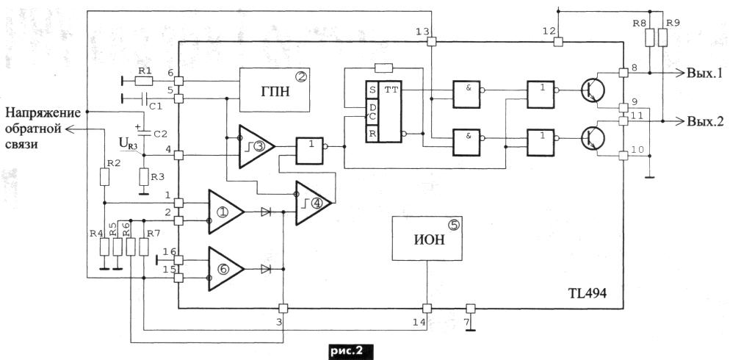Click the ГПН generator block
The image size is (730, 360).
click(275, 90)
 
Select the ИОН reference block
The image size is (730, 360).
click(427, 238)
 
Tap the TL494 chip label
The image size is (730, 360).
click(588, 295)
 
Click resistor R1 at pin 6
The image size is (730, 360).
click(143, 81)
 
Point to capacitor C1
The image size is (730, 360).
click(144, 98)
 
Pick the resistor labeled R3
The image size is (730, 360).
click(144, 178)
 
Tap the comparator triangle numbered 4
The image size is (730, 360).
click(314, 203)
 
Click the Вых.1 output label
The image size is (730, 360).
click(704, 73)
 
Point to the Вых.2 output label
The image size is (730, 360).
click(704, 121)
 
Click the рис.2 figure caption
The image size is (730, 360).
click(346, 350)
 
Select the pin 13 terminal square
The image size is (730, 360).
click(432, 42)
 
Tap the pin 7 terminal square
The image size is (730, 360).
click(470, 309)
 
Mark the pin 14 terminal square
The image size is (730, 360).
click(427, 309)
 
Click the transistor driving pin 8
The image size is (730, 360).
click(593, 90)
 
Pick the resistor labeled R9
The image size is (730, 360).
click(662, 37)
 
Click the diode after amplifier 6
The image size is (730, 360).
click(266, 269)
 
